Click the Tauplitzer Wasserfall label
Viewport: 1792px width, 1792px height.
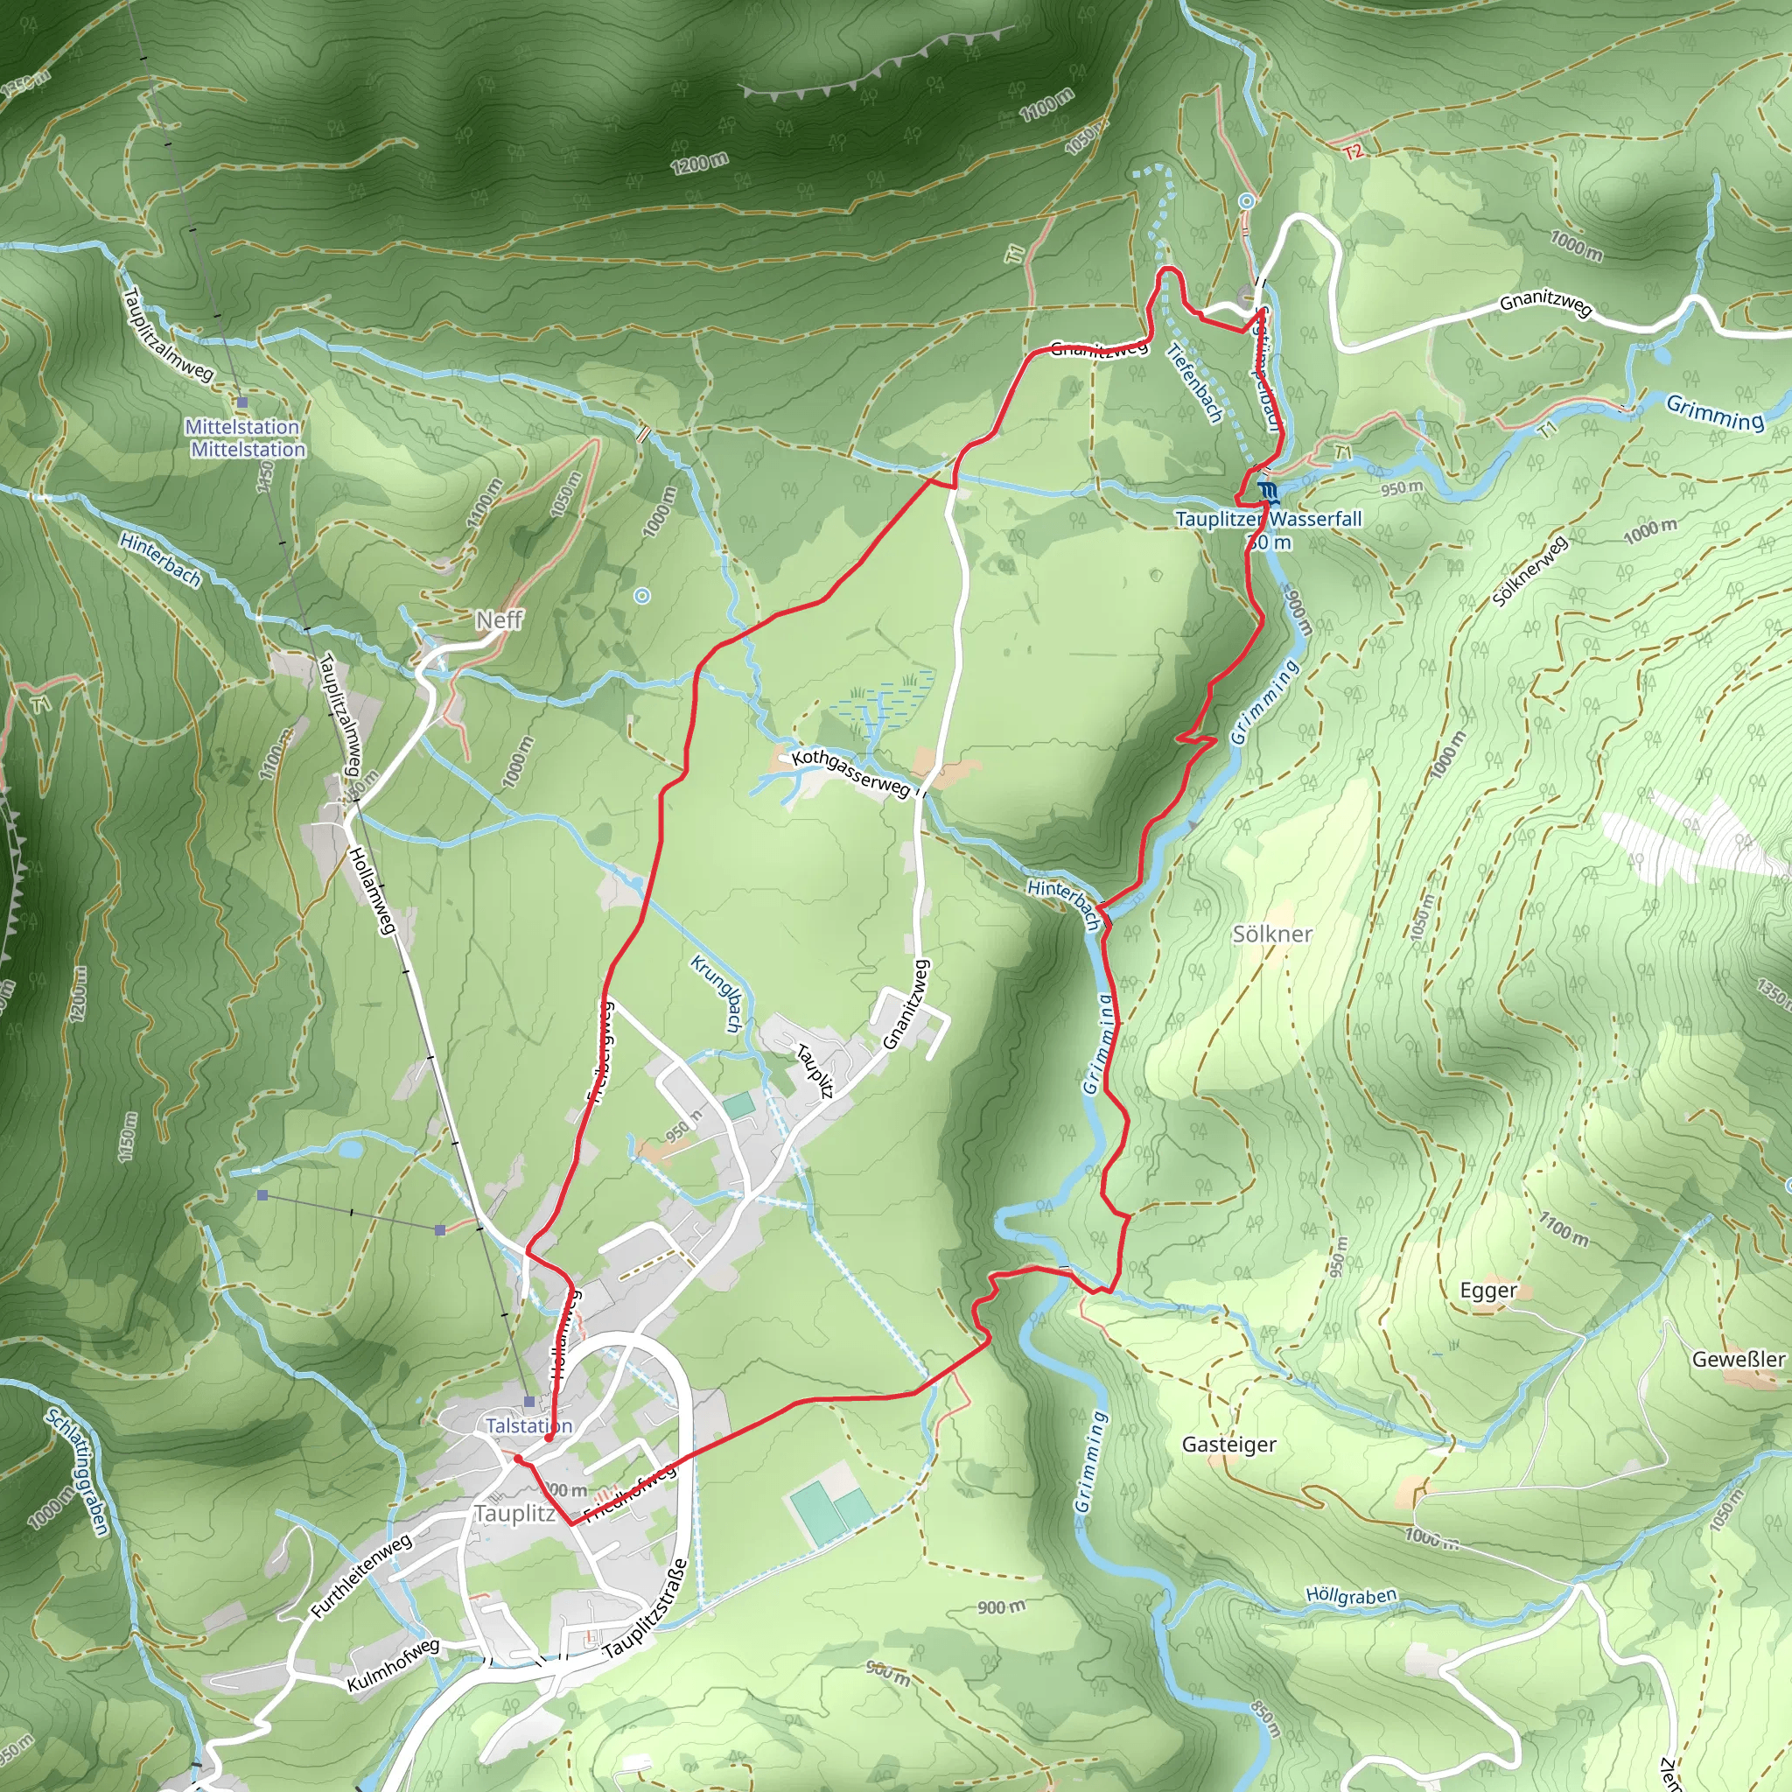coord(1268,519)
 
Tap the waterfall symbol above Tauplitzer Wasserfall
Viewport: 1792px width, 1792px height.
coord(1268,490)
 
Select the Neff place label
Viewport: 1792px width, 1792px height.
coord(499,619)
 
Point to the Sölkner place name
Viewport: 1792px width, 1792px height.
coord(1271,934)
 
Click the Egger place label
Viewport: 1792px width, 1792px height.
coord(1487,1291)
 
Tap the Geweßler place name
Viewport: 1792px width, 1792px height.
coord(1737,1360)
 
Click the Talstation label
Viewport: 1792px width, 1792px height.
coord(528,1425)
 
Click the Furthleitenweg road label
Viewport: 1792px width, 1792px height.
coord(360,1577)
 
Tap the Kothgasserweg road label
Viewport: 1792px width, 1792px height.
coord(850,773)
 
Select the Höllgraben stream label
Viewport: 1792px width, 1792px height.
coord(1350,1596)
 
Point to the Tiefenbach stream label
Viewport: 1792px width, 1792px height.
coord(1194,383)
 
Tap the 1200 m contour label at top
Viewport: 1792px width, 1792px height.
coord(699,164)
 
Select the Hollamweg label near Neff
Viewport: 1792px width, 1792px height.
coord(371,890)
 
